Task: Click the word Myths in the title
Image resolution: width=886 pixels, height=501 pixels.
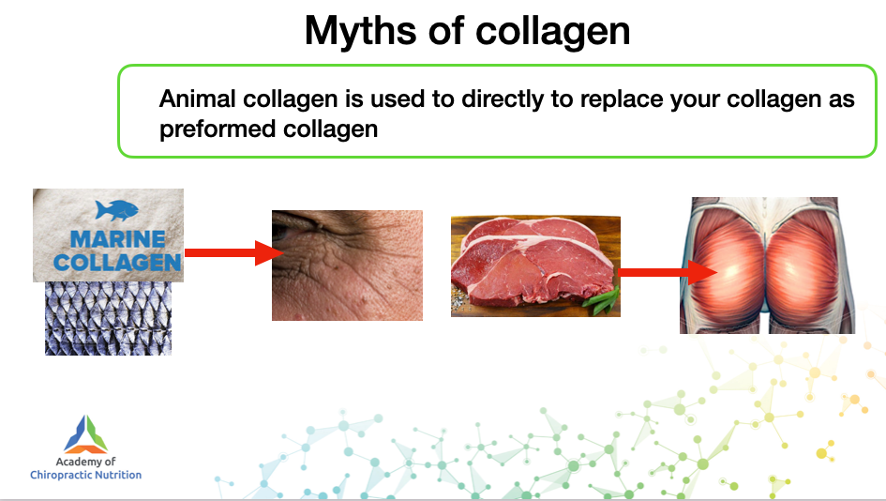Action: tap(361, 32)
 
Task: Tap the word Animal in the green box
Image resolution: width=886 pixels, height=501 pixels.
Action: tap(197, 99)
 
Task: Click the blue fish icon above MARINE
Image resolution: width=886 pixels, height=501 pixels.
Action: tap(116, 210)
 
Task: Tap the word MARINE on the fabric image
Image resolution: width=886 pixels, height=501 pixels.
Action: tap(117, 239)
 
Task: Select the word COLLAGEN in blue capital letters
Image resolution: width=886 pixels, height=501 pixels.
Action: tap(117, 263)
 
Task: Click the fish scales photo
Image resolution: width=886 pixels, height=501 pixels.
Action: tap(108, 318)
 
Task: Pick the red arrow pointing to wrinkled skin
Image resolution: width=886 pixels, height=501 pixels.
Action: tap(234, 252)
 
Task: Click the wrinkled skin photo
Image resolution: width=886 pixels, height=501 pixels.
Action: tap(347, 266)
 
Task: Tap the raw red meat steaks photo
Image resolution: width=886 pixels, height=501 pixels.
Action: tap(535, 266)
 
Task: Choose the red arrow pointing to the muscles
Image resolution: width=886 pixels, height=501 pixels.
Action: tap(668, 273)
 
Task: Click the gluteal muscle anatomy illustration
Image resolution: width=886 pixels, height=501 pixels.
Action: tap(767, 266)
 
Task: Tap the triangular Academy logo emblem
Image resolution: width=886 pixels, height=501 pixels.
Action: tap(86, 434)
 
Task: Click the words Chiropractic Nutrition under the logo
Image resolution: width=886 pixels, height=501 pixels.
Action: tap(86, 475)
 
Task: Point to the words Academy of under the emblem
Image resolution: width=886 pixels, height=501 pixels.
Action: tap(85, 462)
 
